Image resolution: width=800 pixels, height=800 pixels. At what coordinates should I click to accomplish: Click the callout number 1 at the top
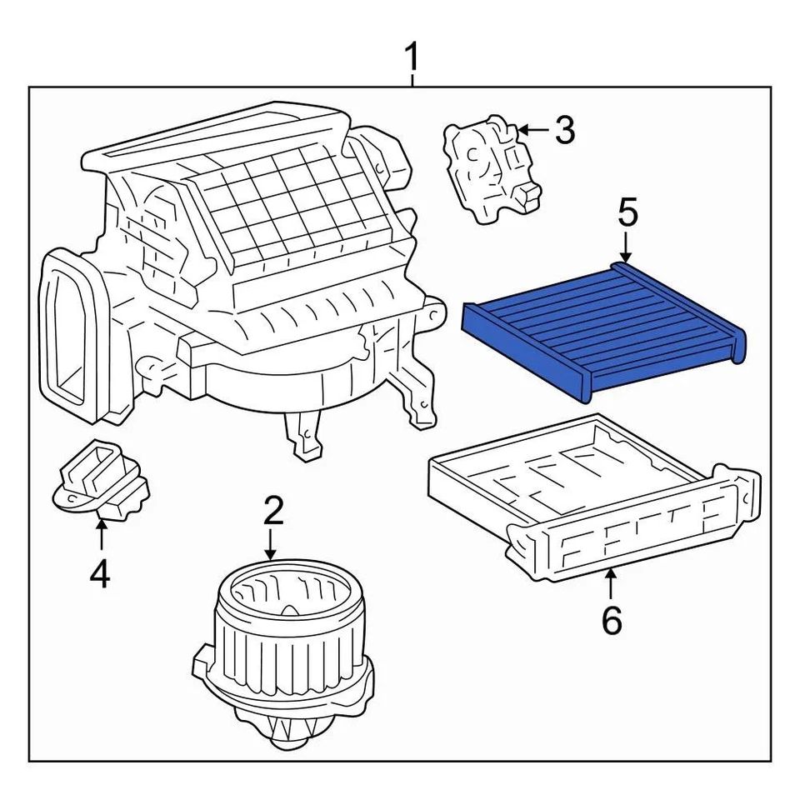tap(412, 60)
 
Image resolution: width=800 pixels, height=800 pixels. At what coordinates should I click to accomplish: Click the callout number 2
tap(274, 511)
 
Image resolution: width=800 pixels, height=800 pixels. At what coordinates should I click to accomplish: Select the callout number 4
tap(99, 574)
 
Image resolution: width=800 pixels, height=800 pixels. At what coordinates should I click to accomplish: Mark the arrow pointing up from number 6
tap(611, 584)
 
